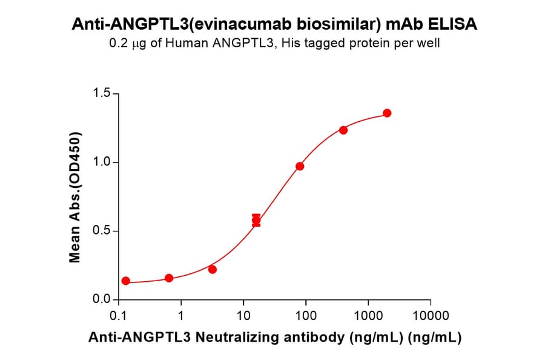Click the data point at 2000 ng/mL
pos(387,113)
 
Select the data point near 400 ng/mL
pos(343,130)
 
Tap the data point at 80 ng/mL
pos(300,166)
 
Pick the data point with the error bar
pos(256,221)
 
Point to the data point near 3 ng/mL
pos(213,269)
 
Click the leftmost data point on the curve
pos(125,281)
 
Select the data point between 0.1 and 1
pos(169,278)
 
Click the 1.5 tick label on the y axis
pos(101,93)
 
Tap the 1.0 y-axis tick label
pos(101,162)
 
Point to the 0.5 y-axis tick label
pos(101,231)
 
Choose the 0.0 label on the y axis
pos(101,299)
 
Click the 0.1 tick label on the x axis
pos(118,316)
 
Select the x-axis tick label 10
pos(243,316)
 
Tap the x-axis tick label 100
pos(306,316)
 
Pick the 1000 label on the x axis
pos(368,316)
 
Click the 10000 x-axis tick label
pos(431,316)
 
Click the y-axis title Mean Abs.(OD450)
pos(75,197)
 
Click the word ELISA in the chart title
pos(454,24)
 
